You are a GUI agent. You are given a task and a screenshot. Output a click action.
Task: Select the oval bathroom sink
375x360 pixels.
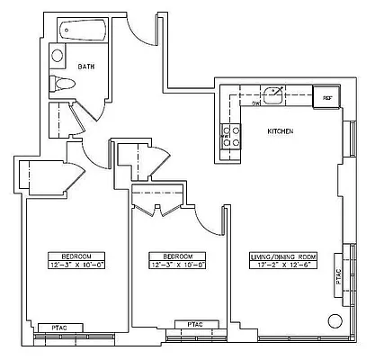(58, 56)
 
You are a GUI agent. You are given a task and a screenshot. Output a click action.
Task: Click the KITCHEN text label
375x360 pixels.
(280, 131)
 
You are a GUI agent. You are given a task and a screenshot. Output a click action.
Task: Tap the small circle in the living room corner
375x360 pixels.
(335, 320)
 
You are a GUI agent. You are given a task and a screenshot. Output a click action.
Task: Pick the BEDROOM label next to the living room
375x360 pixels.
(178, 256)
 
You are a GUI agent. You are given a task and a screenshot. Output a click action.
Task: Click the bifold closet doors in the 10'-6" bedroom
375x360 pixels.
(157, 211)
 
